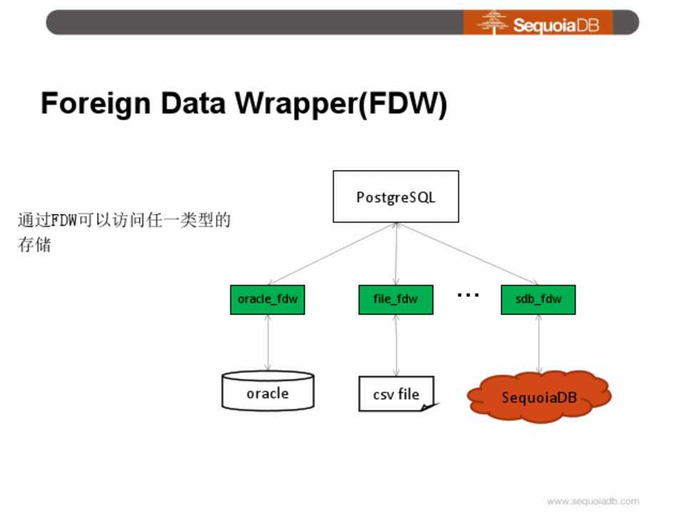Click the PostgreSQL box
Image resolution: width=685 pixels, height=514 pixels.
point(395,196)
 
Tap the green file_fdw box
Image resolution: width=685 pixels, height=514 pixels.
point(395,299)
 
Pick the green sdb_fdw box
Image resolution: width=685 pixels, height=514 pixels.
point(538,299)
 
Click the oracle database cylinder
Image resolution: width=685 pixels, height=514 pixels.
point(268,391)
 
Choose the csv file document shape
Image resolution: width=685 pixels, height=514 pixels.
point(396,393)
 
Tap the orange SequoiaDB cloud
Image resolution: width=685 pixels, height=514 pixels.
point(539,397)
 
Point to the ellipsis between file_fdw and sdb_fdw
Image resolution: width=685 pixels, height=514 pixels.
point(467,294)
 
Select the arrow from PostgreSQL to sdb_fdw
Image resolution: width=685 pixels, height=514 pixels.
point(467,254)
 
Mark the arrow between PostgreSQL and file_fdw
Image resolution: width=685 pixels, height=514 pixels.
point(396,254)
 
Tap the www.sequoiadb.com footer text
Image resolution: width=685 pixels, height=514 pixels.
point(593,501)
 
